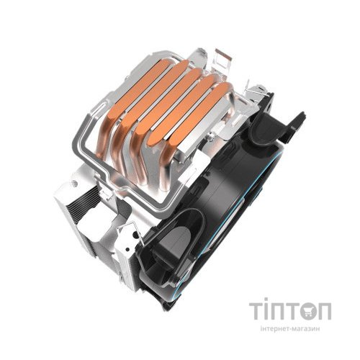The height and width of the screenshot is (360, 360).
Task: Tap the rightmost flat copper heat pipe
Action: pyautogui.click(x=202, y=115)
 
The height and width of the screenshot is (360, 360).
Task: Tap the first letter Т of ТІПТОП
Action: pyautogui.click(x=256, y=311)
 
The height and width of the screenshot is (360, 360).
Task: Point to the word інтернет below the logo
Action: pyautogui.click(x=274, y=329)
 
